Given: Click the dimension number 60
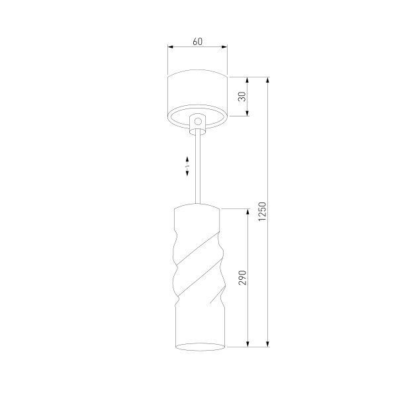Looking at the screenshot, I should pos(197,41).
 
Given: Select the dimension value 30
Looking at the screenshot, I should pos(242,97).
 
